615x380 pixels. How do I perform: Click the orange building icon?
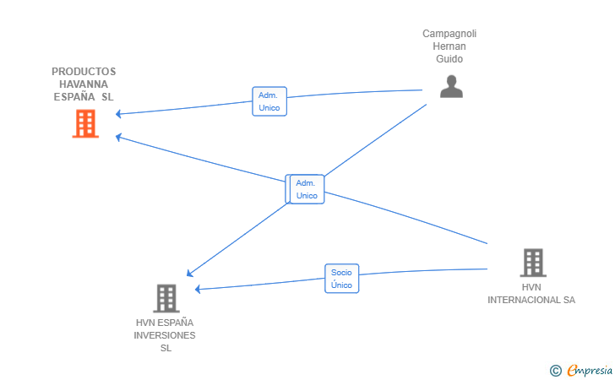click(x=85, y=123)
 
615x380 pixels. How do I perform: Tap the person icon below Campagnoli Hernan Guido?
click(x=451, y=86)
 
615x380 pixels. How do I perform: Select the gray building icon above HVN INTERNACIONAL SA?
click(x=533, y=263)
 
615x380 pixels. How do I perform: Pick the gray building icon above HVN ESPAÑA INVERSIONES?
click(x=166, y=298)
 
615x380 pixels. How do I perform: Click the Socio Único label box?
click(x=341, y=279)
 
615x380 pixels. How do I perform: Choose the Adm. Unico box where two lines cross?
click(x=307, y=189)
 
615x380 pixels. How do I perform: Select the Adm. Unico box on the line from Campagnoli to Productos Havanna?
click(x=269, y=101)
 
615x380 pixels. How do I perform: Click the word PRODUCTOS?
click(x=84, y=72)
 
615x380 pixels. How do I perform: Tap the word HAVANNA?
click(x=84, y=84)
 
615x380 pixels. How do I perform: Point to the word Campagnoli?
click(x=449, y=34)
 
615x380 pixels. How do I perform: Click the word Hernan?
click(x=449, y=46)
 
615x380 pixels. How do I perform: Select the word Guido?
click(x=449, y=59)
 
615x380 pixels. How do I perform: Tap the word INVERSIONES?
click(x=165, y=335)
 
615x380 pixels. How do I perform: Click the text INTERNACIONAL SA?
click(x=531, y=300)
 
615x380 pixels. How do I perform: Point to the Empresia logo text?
click(x=590, y=370)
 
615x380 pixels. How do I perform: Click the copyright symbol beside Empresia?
click(x=556, y=371)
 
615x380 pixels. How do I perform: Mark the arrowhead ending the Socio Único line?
click(x=198, y=289)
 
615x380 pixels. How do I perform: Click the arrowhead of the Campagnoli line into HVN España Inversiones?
click(x=189, y=274)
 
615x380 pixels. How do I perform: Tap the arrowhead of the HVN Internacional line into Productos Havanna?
click(x=118, y=137)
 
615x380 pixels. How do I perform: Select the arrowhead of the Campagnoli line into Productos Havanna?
click(x=118, y=114)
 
